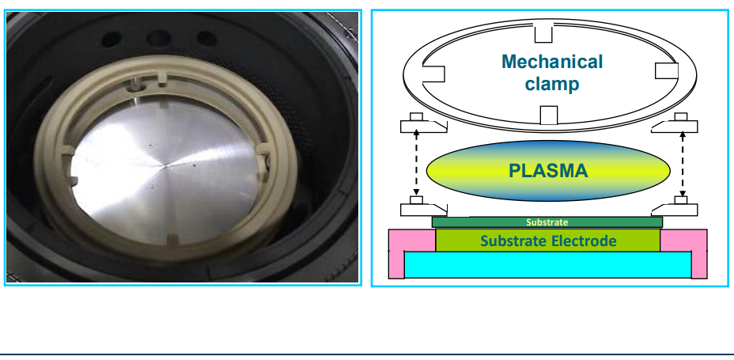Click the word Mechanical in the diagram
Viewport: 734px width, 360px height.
(x=552, y=62)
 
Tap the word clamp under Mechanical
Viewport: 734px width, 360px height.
(x=552, y=83)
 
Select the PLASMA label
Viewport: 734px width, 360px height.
(x=548, y=170)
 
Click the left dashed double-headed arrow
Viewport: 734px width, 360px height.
(x=414, y=165)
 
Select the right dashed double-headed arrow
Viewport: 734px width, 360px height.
(x=679, y=165)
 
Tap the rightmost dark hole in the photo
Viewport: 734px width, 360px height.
(x=206, y=37)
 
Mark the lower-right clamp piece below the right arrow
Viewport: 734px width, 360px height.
(x=676, y=209)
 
